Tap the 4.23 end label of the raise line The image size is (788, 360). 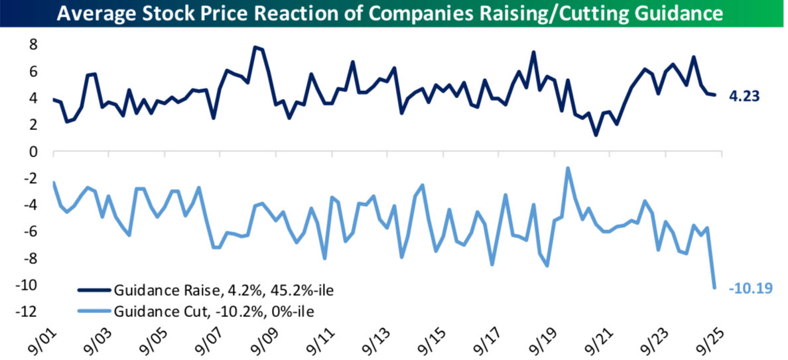[744, 96]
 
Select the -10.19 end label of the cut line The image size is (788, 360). [750, 288]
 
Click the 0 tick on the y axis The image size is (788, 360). [32, 152]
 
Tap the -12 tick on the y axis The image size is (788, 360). [27, 311]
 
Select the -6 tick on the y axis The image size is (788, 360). [29, 231]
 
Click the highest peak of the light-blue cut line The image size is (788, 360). [568, 168]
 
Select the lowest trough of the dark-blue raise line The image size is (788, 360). [596, 135]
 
